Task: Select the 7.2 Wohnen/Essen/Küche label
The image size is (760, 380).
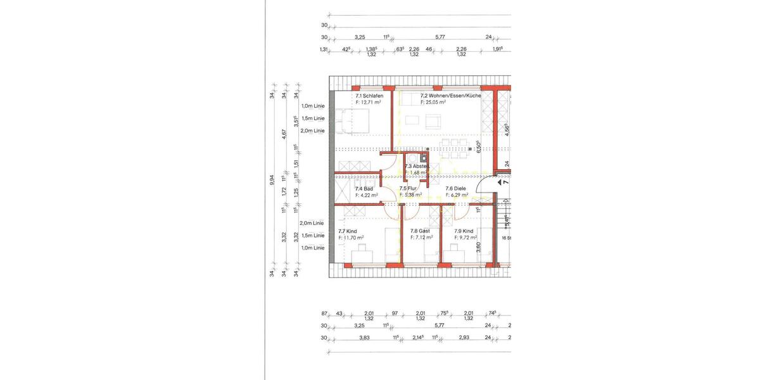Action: click(450, 96)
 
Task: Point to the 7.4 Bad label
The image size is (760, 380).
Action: click(364, 189)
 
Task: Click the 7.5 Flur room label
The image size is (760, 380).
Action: click(408, 189)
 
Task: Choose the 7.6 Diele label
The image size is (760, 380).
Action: click(456, 189)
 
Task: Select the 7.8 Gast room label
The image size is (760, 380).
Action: click(421, 231)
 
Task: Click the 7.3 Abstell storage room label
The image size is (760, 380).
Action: click(416, 166)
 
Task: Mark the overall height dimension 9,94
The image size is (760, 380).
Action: click(272, 180)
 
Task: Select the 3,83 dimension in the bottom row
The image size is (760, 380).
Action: click(364, 338)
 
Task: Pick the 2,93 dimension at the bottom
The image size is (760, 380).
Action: click(465, 338)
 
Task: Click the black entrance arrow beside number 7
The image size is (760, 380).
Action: click(500, 182)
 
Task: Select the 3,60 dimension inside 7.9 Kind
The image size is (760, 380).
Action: click(479, 248)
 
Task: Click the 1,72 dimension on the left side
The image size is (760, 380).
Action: click(284, 190)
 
